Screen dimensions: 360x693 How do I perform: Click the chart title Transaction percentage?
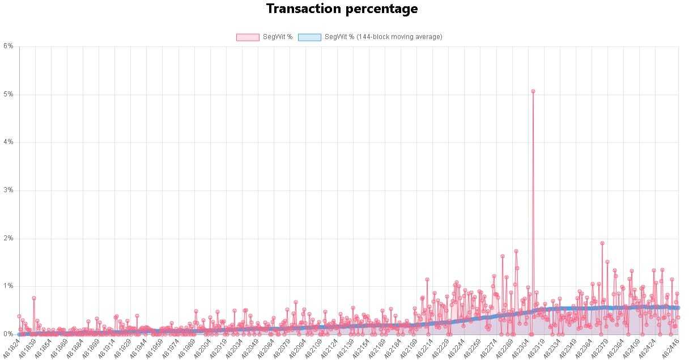point(342,9)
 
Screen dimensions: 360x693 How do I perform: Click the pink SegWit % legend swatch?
point(247,37)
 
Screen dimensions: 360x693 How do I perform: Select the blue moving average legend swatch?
point(309,37)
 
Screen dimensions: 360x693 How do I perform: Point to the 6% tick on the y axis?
point(8,46)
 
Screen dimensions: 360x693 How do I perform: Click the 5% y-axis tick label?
point(8,94)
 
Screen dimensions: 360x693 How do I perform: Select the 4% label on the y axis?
point(8,142)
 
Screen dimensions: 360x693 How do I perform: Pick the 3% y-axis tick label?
point(8,190)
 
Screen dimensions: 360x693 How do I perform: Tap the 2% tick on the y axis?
point(8,239)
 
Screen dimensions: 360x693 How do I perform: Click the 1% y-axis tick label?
point(8,286)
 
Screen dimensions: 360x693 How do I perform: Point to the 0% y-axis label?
point(8,334)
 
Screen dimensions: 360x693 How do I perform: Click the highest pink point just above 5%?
point(533,91)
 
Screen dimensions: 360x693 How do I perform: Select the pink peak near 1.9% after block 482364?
point(602,243)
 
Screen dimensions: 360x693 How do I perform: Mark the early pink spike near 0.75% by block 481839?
point(34,298)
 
